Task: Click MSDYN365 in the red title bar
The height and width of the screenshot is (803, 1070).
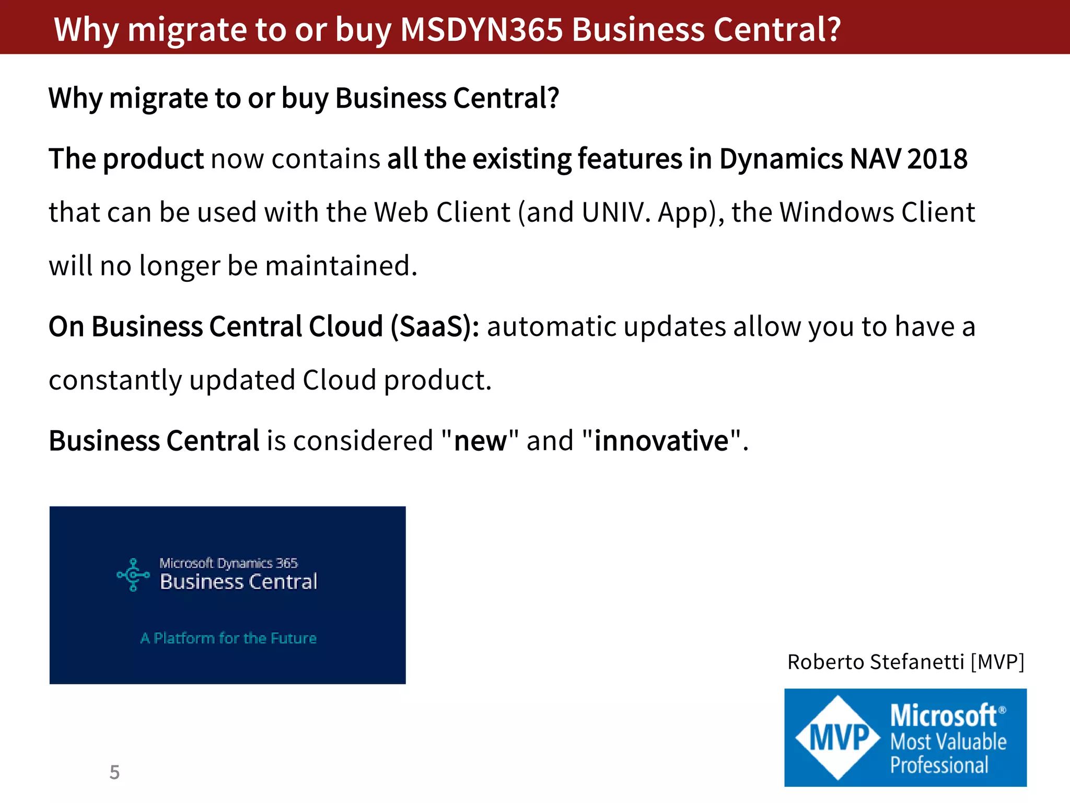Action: pyautogui.click(x=481, y=29)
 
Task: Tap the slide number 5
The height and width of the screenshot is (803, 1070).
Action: pyautogui.click(x=114, y=772)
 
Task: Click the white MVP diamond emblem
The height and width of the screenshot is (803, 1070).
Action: pyautogui.click(x=838, y=738)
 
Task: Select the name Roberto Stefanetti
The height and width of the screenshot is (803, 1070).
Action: pyautogui.click(x=875, y=662)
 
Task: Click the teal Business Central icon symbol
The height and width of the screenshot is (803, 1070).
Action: pyautogui.click(x=133, y=575)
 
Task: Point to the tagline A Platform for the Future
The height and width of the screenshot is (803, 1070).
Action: pyautogui.click(x=228, y=638)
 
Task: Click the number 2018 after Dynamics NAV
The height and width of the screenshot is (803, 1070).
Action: pyautogui.click(x=937, y=159)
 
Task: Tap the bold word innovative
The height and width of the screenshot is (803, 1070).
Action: pyautogui.click(x=661, y=441)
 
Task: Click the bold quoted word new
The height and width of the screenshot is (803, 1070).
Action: pyautogui.click(x=480, y=441)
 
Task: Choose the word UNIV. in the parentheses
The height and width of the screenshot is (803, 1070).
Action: pyautogui.click(x=616, y=212)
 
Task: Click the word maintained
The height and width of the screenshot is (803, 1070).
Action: pyautogui.click(x=341, y=266)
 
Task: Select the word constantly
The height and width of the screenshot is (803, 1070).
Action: pyautogui.click(x=115, y=380)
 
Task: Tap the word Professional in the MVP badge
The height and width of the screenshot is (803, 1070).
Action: pyautogui.click(x=939, y=765)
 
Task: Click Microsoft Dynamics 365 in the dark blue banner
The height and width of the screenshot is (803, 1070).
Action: pyautogui.click(x=228, y=563)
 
